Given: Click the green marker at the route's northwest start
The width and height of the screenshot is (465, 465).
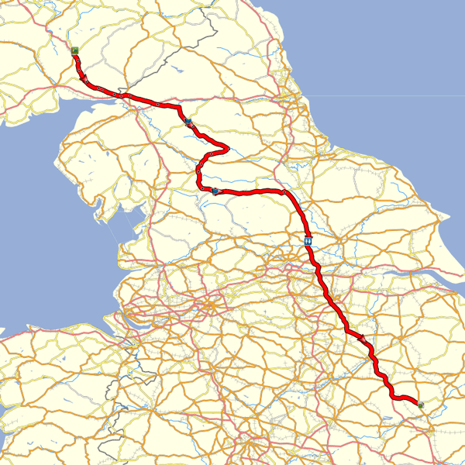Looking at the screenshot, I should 74,50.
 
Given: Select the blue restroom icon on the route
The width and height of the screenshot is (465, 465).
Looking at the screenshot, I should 309,241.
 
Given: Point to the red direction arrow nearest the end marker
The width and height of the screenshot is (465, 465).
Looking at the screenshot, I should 362,338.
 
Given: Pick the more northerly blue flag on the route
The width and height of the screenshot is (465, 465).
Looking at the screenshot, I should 188,121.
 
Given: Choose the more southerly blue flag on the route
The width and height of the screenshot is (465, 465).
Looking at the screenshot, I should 215,190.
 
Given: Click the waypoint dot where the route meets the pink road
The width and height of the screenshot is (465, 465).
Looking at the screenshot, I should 284,191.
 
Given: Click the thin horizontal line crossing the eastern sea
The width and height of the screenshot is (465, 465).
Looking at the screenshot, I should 387,96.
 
